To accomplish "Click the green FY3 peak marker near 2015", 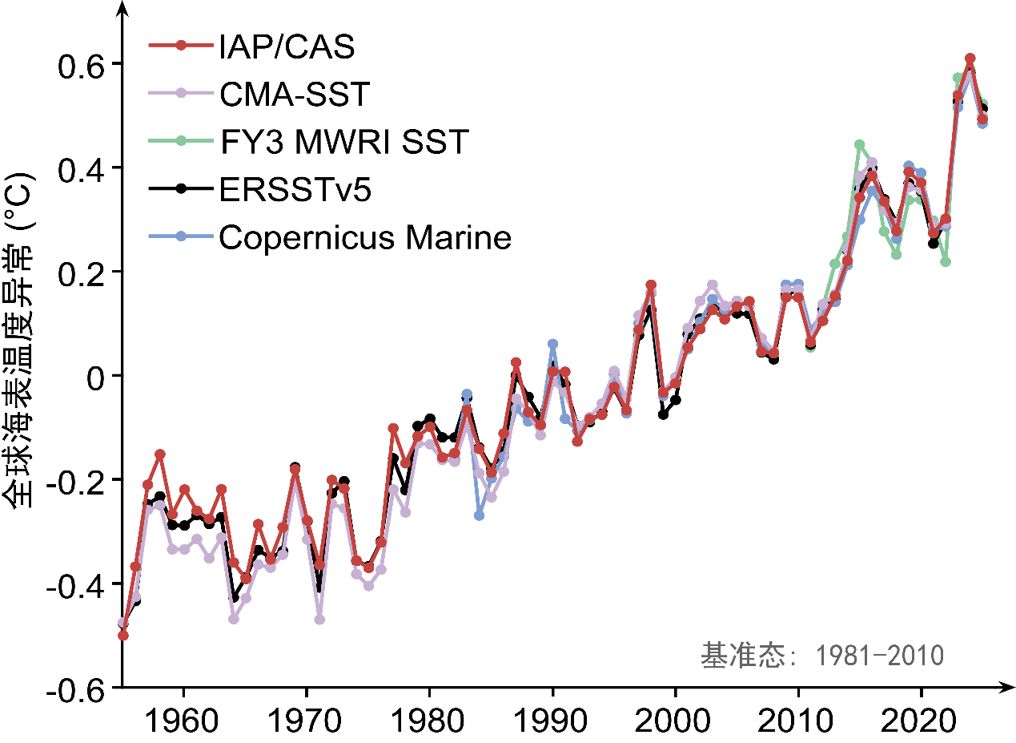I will (x=859, y=145).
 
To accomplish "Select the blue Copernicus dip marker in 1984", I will (x=479, y=515).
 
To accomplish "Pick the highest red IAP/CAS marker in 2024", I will (x=970, y=59).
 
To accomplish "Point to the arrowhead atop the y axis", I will (x=122, y=8).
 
